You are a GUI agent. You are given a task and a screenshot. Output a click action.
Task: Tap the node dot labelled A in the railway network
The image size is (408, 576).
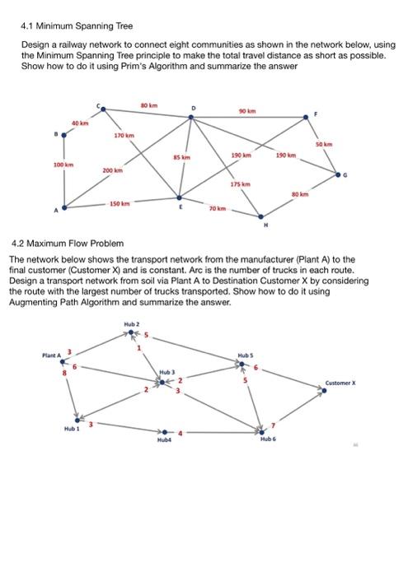[x=65, y=207]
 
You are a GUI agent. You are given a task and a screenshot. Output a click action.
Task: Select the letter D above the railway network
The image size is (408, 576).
[x=195, y=108]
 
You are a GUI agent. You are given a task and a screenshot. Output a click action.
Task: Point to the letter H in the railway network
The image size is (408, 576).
[x=265, y=225]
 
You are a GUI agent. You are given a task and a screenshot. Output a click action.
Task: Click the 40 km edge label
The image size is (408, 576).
[x=78, y=123]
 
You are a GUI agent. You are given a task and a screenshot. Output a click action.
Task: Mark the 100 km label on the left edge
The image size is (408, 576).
[x=63, y=165]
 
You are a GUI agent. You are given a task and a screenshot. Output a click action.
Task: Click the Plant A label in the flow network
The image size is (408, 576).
[x=52, y=355]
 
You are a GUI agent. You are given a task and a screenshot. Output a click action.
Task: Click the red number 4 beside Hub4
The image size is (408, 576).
[x=182, y=431]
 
